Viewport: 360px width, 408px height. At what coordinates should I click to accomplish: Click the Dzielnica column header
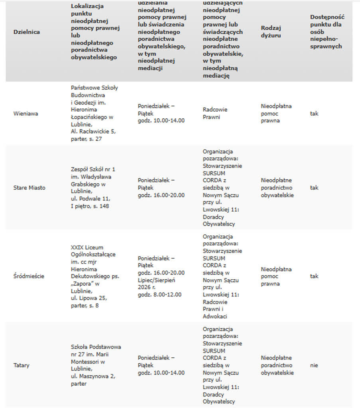pyautogui.click(x=27, y=32)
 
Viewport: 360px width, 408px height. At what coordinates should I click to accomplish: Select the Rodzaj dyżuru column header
pyautogui.click(x=271, y=31)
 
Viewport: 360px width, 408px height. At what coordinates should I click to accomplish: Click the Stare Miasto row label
pyautogui.click(x=29, y=188)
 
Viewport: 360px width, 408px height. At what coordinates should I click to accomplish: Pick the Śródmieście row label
pyautogui.click(x=29, y=276)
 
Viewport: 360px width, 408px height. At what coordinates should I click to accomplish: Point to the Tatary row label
pyautogui.click(x=22, y=365)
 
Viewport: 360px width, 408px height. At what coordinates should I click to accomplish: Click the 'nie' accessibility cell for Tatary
pyautogui.click(x=314, y=365)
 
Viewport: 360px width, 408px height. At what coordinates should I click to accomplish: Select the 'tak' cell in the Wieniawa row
pyautogui.click(x=314, y=114)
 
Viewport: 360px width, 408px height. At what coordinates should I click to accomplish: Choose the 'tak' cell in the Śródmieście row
pyautogui.click(x=314, y=276)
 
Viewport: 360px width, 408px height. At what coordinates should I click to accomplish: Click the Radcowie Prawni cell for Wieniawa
pyautogui.click(x=215, y=114)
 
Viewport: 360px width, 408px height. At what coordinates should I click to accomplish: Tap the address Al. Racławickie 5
pyautogui.click(x=93, y=131)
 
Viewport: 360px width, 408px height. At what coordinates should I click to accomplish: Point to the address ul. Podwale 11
pyautogui.click(x=90, y=198)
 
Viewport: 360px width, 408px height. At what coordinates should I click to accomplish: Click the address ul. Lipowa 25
pyautogui.click(x=89, y=298)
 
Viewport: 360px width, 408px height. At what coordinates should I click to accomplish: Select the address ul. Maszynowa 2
pyautogui.click(x=93, y=376)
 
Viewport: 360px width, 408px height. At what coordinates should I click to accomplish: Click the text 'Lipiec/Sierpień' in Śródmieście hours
pyautogui.click(x=157, y=280)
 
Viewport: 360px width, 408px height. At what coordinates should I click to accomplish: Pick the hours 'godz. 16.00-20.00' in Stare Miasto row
pyautogui.click(x=161, y=195)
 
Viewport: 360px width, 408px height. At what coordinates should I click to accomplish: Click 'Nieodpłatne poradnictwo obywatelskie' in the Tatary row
pyautogui.click(x=277, y=365)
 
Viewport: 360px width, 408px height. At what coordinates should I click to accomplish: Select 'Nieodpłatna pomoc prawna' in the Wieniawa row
pyautogui.click(x=276, y=114)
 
